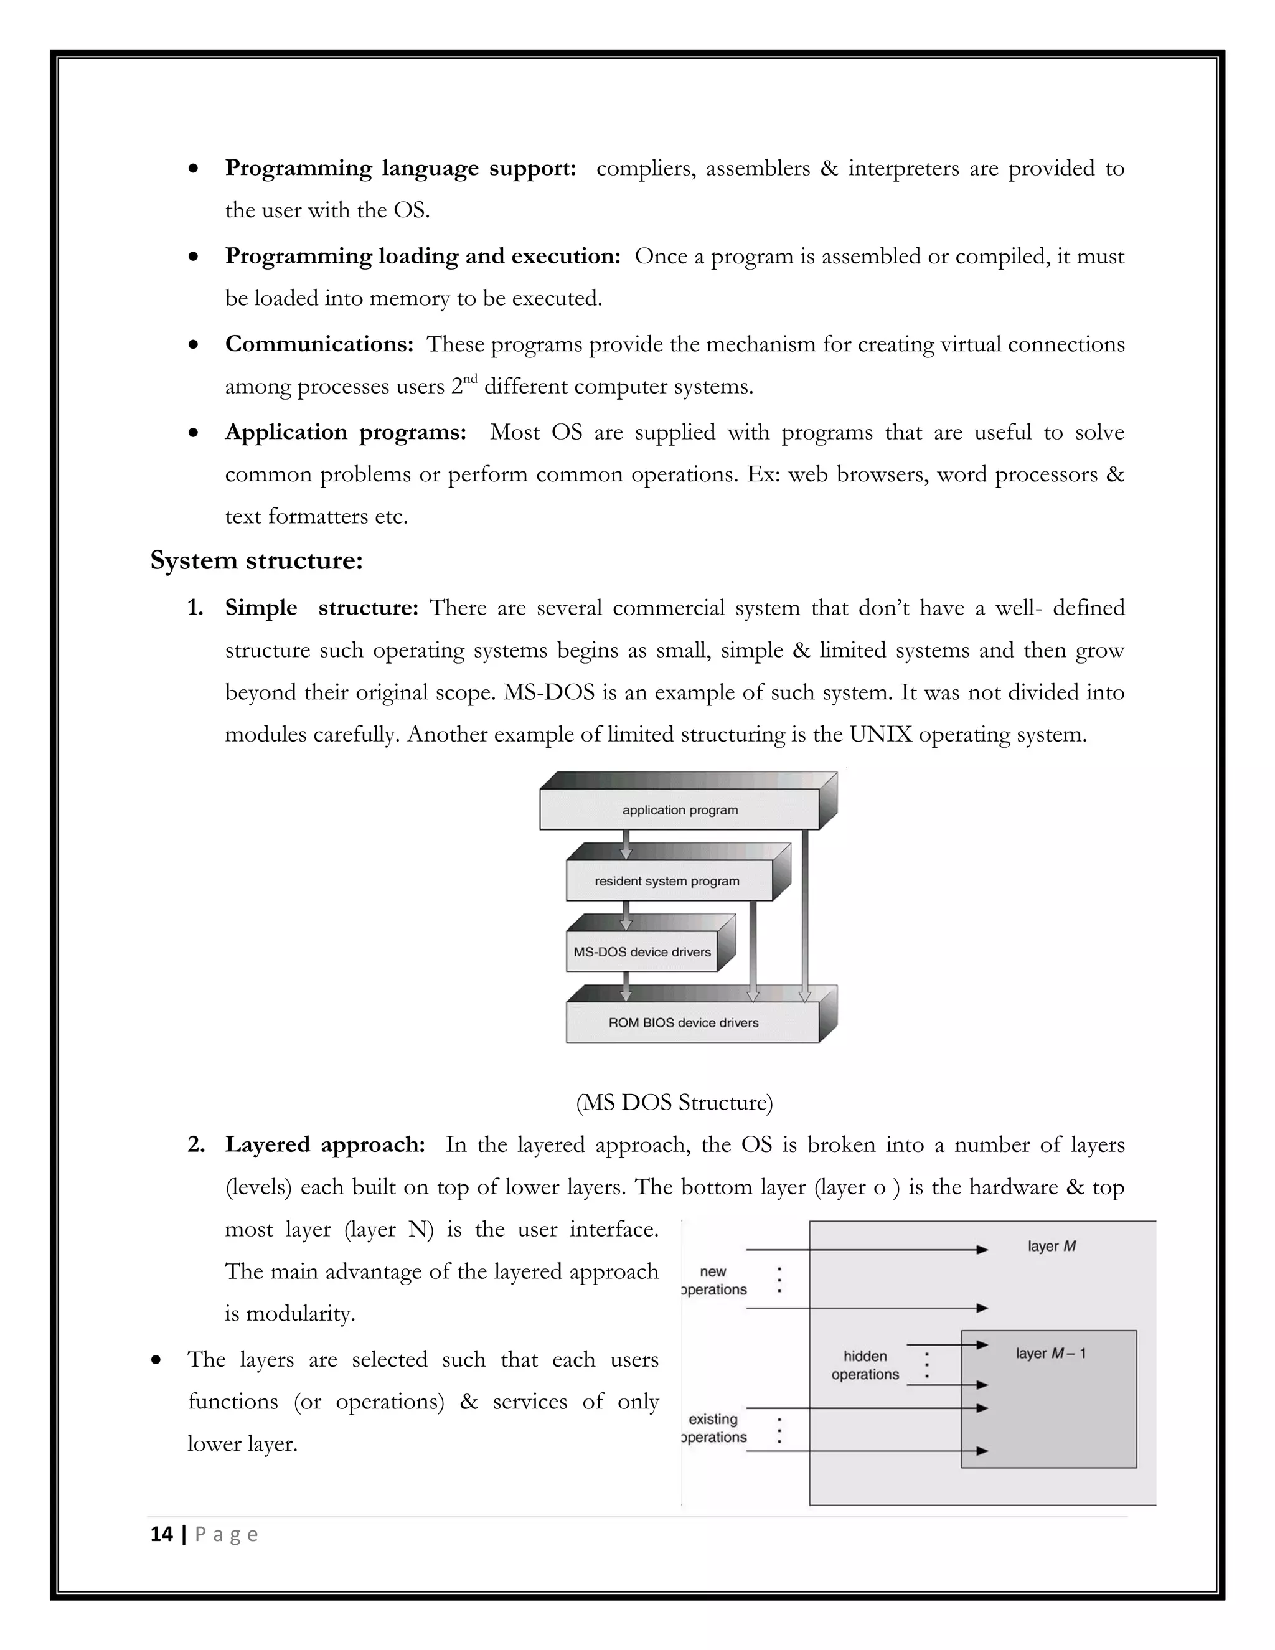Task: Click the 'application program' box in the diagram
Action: click(679, 810)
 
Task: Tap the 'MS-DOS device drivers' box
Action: click(642, 952)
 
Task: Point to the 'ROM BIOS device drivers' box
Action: click(683, 1023)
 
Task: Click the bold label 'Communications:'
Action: click(319, 344)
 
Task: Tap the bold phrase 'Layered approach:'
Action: click(325, 1144)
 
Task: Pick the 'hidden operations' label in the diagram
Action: click(865, 1365)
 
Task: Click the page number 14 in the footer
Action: click(162, 1534)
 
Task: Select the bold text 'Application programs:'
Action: click(345, 432)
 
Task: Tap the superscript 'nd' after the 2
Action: click(470, 379)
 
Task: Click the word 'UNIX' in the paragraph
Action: click(880, 734)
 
